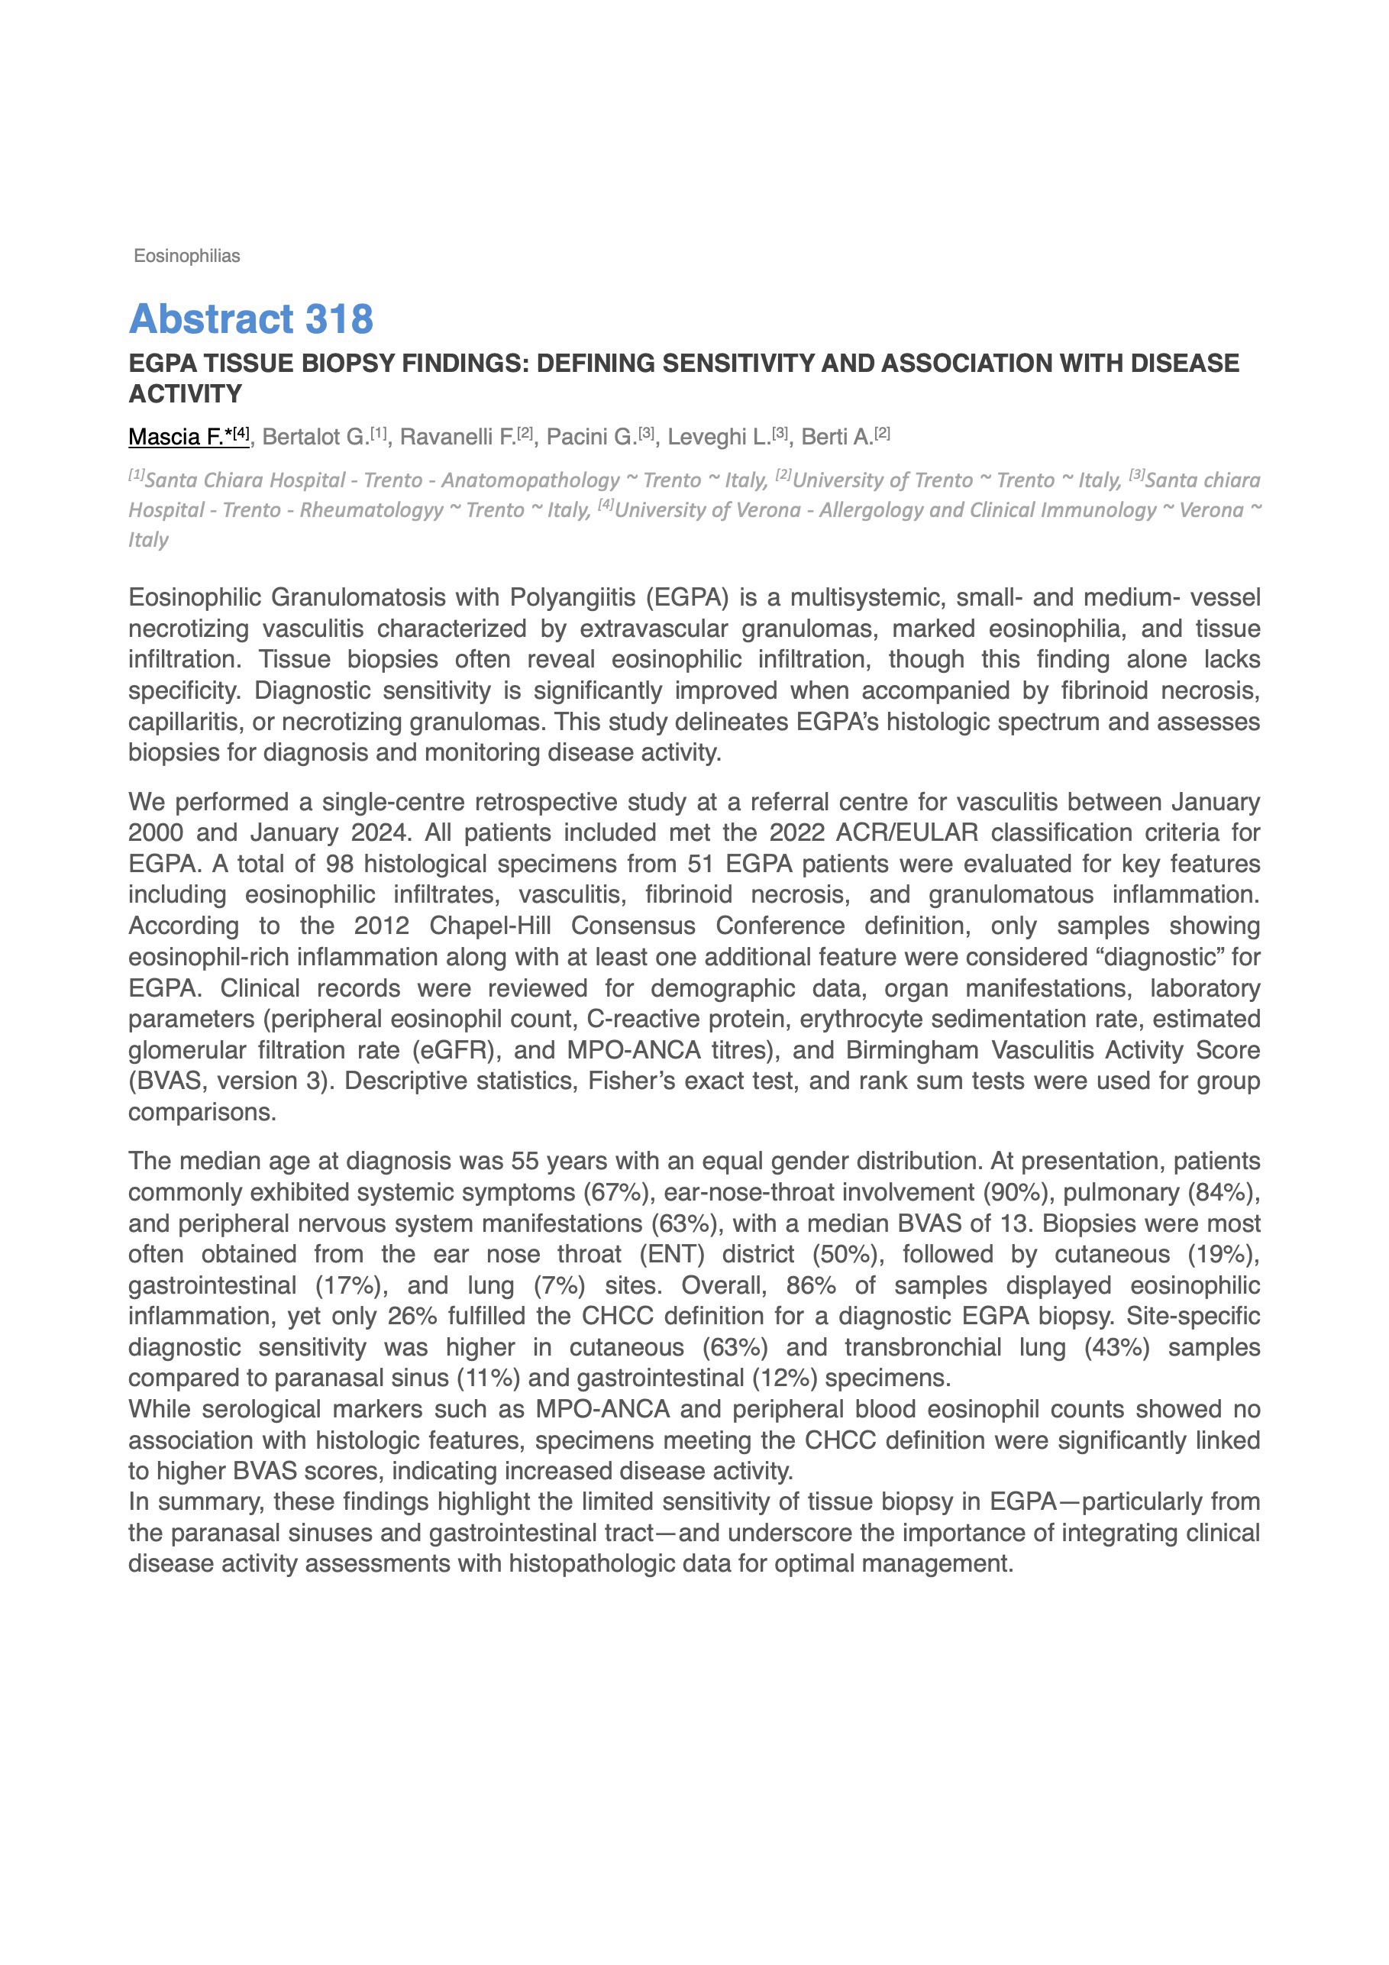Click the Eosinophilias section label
pos(186,256)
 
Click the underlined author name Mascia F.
pos(176,438)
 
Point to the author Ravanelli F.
pos(459,438)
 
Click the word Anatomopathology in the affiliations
pos(530,480)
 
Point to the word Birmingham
pos(916,1050)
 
